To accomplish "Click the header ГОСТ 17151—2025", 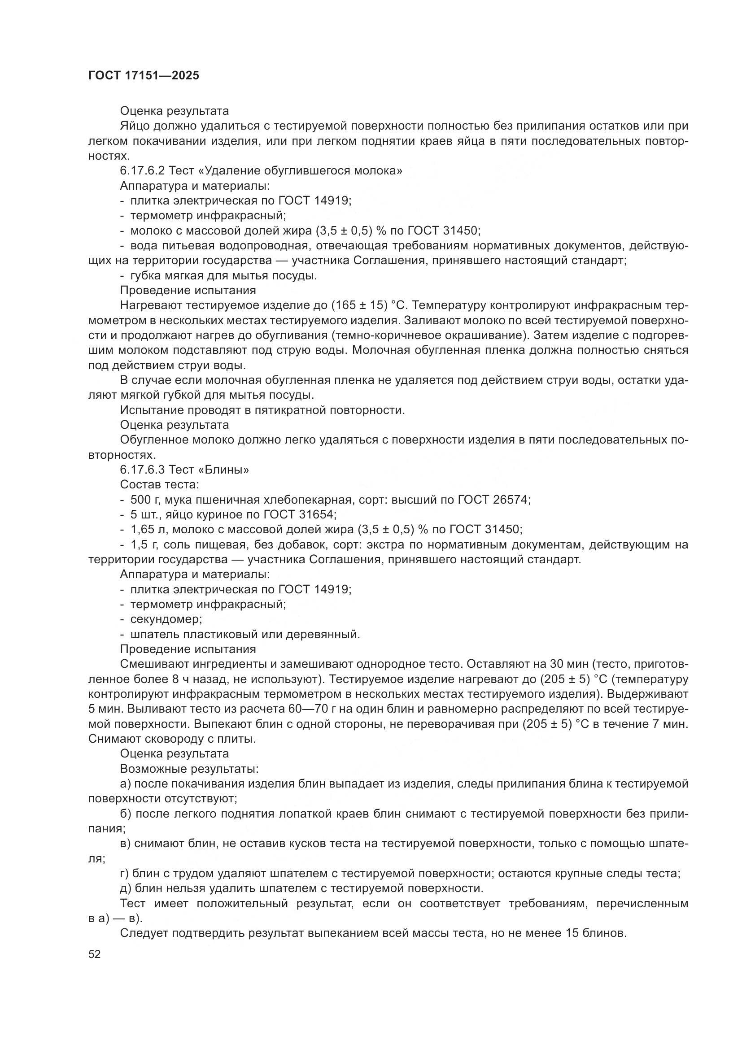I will click(x=144, y=76).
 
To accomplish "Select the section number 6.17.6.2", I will click(x=143, y=171).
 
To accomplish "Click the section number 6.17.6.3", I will click(x=143, y=470).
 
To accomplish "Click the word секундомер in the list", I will click(x=166, y=619).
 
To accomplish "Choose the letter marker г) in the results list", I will click(x=125, y=874).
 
